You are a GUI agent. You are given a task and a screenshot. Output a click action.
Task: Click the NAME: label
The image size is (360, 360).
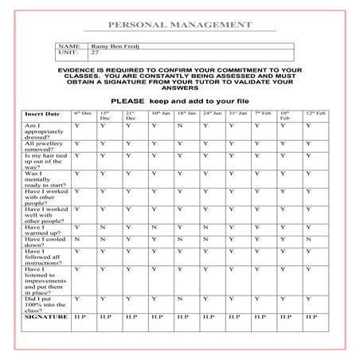click(69, 47)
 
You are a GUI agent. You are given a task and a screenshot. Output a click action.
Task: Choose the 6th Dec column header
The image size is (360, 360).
click(83, 114)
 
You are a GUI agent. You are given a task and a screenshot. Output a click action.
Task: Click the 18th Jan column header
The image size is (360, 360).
click(185, 114)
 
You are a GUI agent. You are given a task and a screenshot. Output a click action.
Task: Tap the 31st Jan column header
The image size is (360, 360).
click(237, 114)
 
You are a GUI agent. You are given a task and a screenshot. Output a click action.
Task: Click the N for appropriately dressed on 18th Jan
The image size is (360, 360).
click(180, 126)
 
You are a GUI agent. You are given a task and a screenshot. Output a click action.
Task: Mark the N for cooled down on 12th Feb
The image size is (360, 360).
click(308, 239)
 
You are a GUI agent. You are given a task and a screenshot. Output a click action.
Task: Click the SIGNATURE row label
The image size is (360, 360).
click(44, 317)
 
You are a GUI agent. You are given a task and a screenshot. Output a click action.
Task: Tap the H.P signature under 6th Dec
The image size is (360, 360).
click(79, 317)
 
